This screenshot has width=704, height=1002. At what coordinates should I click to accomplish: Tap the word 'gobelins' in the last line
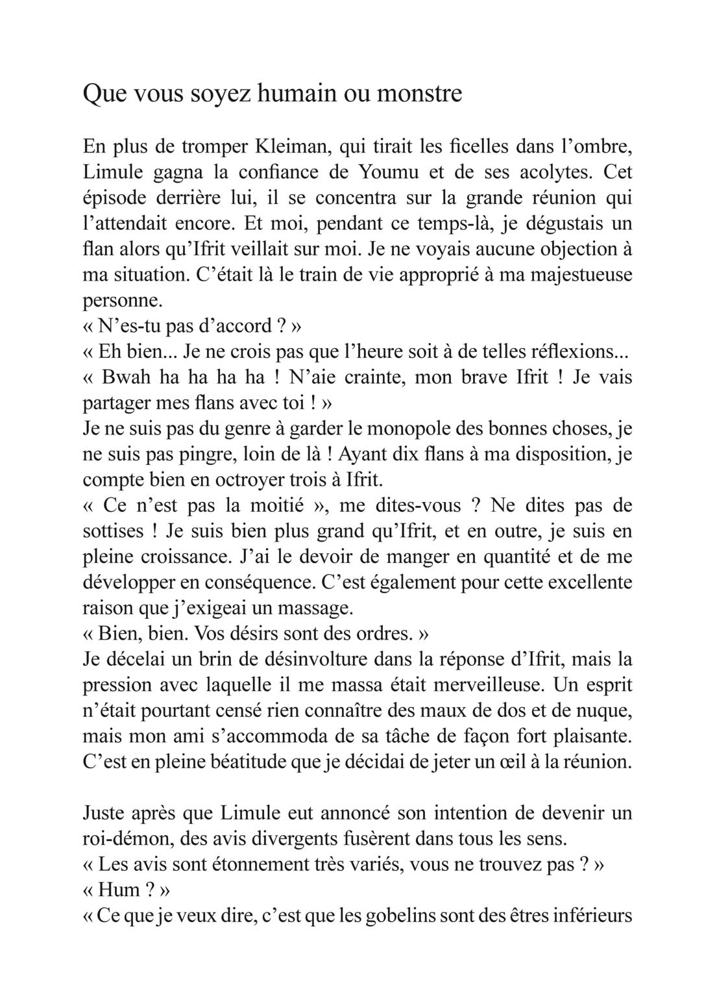click(400, 916)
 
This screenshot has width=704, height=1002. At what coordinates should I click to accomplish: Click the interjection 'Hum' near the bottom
click(119, 890)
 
